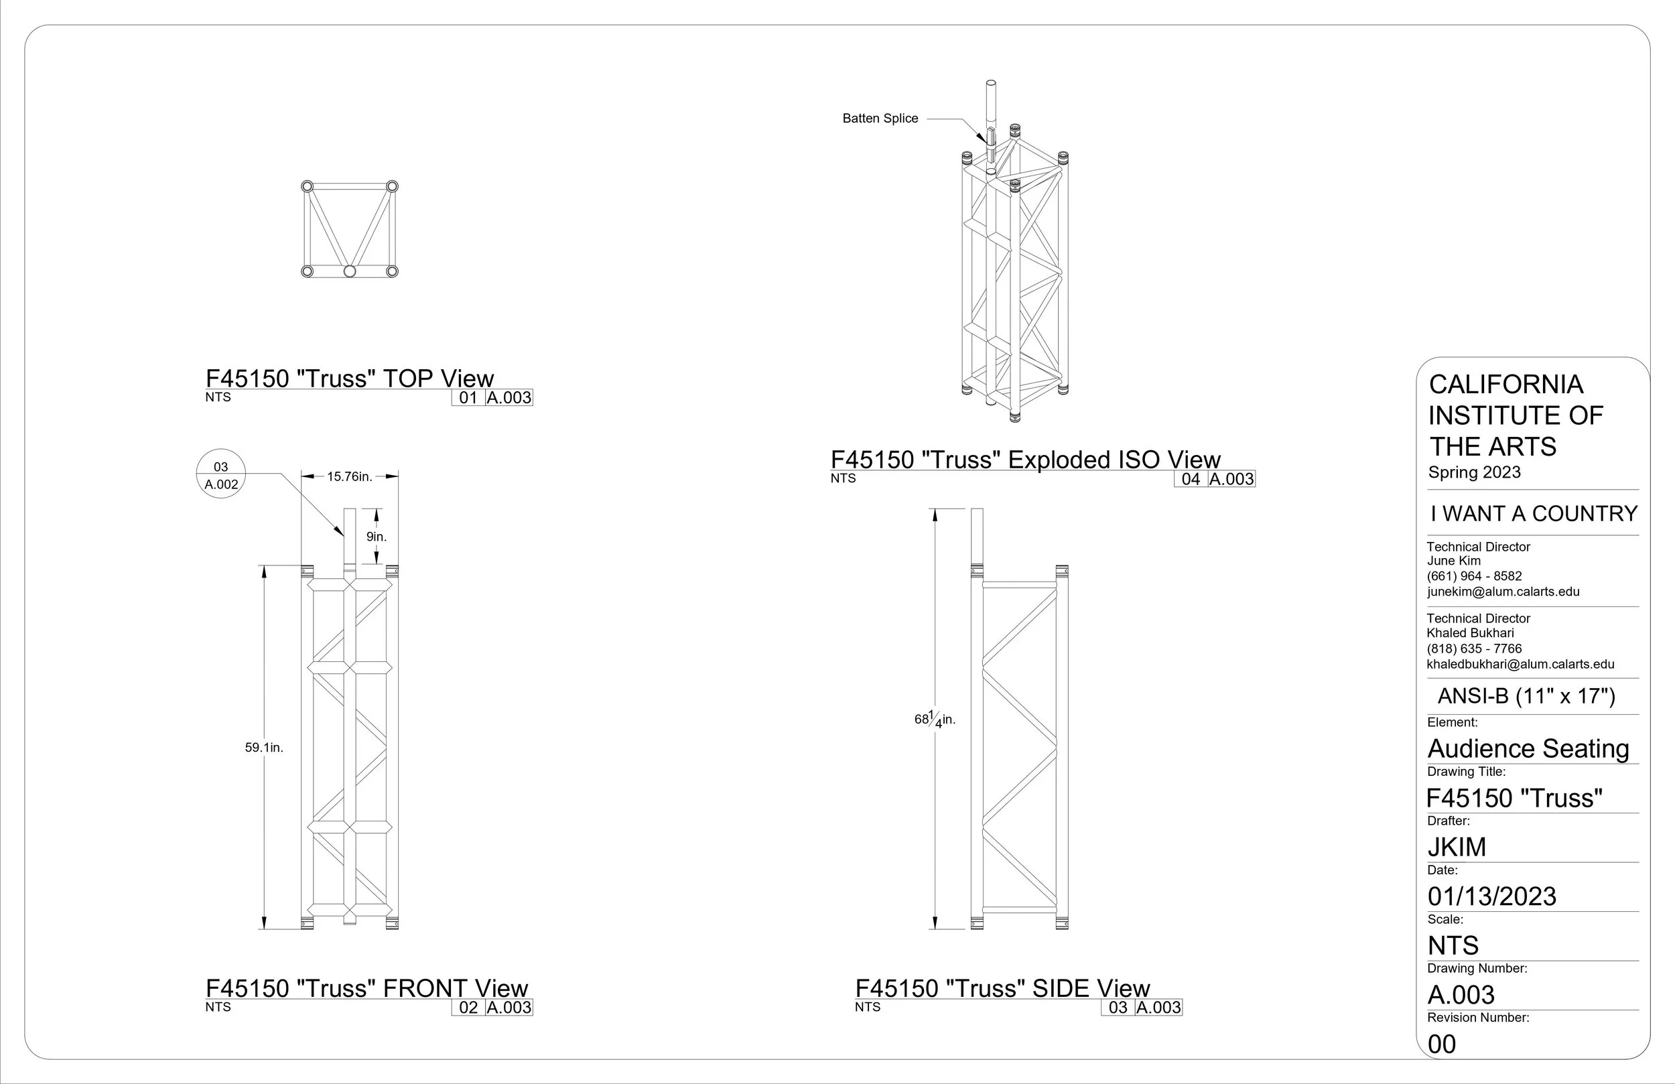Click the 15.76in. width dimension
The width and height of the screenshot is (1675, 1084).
coord(350,476)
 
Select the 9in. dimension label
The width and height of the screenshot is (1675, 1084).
coord(377,537)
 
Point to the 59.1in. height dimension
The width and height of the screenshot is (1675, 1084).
coord(264,748)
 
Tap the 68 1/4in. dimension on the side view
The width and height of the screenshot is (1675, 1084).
coord(935,720)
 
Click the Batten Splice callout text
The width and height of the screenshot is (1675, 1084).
coord(880,119)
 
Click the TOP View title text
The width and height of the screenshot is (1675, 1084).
coord(350,379)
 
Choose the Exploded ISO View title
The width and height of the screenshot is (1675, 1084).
coord(1025,460)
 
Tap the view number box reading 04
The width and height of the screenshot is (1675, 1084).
coord(1191,479)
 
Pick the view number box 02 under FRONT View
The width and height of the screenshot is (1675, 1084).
coord(468,1007)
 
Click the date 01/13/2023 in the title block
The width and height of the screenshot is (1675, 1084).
coord(1492,896)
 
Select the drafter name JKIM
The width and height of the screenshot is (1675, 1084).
coord(1457,847)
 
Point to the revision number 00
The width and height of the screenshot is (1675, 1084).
coord(1442,1044)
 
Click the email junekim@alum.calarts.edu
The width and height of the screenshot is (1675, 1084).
coord(1503,592)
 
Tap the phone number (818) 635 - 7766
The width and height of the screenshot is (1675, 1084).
coord(1475,649)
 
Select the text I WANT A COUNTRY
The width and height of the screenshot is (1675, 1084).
coord(1534,513)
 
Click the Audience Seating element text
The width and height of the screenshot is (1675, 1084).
coord(1529,748)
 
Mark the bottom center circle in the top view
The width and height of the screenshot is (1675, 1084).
coord(350,271)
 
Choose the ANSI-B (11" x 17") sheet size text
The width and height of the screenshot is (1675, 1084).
coord(1526,696)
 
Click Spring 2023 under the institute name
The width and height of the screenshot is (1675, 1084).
coord(1475,472)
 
